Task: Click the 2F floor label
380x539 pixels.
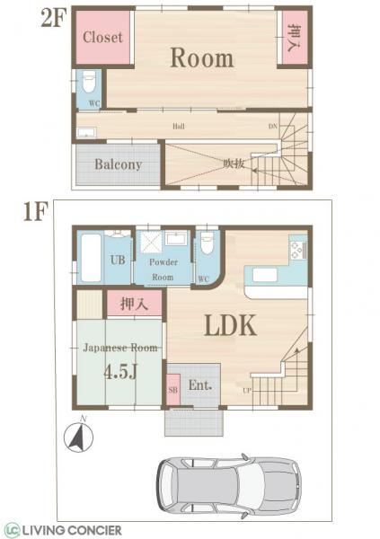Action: pyautogui.click(x=27, y=19)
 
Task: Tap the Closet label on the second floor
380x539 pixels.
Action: pyautogui.click(x=102, y=38)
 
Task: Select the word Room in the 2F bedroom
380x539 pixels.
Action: pyautogui.click(x=202, y=58)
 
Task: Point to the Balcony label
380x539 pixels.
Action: pyautogui.click(x=119, y=165)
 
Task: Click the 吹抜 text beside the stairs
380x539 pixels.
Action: pyautogui.click(x=234, y=163)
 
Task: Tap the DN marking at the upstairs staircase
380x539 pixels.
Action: pyautogui.click(x=272, y=127)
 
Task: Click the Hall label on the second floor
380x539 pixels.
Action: pyautogui.click(x=179, y=127)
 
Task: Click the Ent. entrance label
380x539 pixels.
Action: pyautogui.click(x=200, y=385)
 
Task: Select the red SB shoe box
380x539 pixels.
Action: pyautogui.click(x=173, y=389)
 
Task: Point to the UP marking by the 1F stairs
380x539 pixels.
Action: pyautogui.click(x=245, y=389)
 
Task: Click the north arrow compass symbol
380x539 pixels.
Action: pyautogui.click(x=77, y=437)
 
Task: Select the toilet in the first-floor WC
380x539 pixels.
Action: pyautogui.click(x=206, y=245)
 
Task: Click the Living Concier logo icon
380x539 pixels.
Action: pyautogui.click(x=12, y=529)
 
